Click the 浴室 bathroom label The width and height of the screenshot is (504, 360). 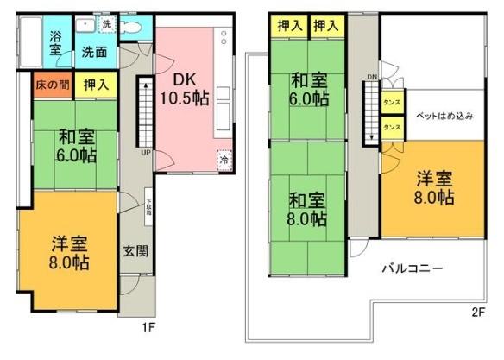coord(55,43)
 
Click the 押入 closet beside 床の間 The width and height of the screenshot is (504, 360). coord(96,85)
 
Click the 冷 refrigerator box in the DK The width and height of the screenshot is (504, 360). coord(224,160)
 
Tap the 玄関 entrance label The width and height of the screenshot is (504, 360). coord(135,252)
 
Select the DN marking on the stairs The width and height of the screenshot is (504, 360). coord(373,77)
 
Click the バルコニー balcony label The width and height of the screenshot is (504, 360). coord(413,269)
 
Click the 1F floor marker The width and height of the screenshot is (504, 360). coord(148,328)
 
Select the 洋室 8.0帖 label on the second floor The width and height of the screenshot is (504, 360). coord(433,188)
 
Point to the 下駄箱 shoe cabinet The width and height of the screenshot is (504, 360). coord(148,208)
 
